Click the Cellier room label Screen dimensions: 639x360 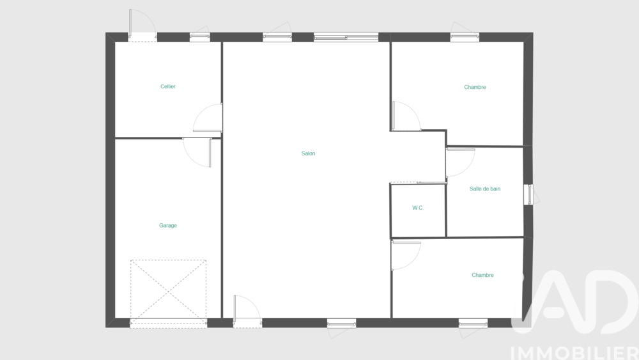point(168,86)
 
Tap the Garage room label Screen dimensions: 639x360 point(168,226)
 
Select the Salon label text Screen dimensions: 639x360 point(308,153)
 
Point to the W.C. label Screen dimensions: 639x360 point(418,208)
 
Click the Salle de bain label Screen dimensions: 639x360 point(485,189)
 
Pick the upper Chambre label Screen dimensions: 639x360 point(475,87)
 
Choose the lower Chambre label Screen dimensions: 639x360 point(482,275)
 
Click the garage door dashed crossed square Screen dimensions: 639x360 point(168,292)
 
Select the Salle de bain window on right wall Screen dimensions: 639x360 point(529,194)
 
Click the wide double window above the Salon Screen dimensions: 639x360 point(346,38)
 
